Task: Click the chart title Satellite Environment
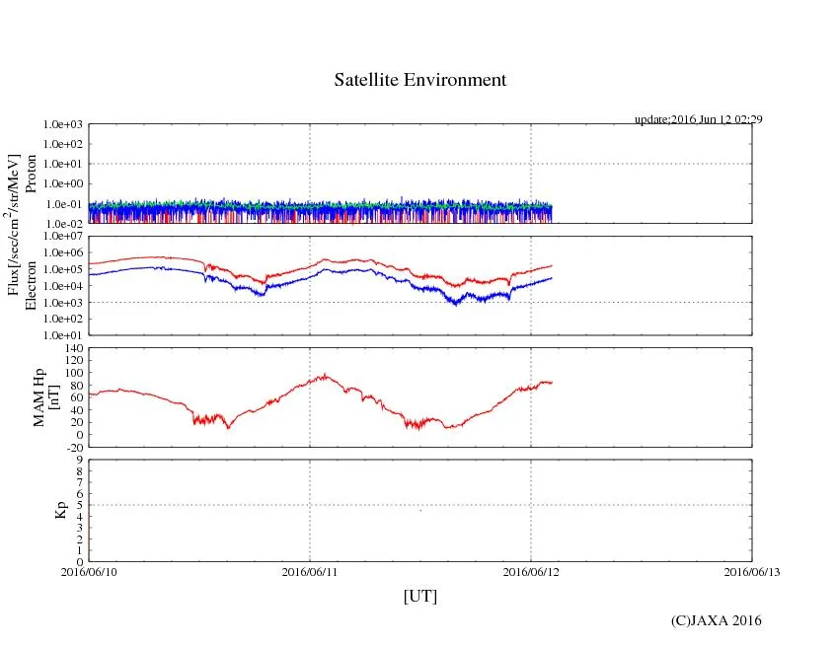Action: (420, 80)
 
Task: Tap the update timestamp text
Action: (698, 119)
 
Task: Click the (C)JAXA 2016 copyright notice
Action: (716, 620)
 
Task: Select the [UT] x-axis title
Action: (420, 596)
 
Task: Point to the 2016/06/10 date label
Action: (89, 570)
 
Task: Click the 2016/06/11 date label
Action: (310, 570)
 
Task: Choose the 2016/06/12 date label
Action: (531, 570)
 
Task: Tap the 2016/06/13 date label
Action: (752, 570)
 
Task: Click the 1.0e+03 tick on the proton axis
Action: (62, 125)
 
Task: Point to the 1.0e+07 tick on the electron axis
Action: (62, 237)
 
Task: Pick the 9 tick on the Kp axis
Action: (80, 460)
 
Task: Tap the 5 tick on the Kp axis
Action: (80, 505)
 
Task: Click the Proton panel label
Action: (31, 174)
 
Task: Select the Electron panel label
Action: (31, 285)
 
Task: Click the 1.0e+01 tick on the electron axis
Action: (62, 334)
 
